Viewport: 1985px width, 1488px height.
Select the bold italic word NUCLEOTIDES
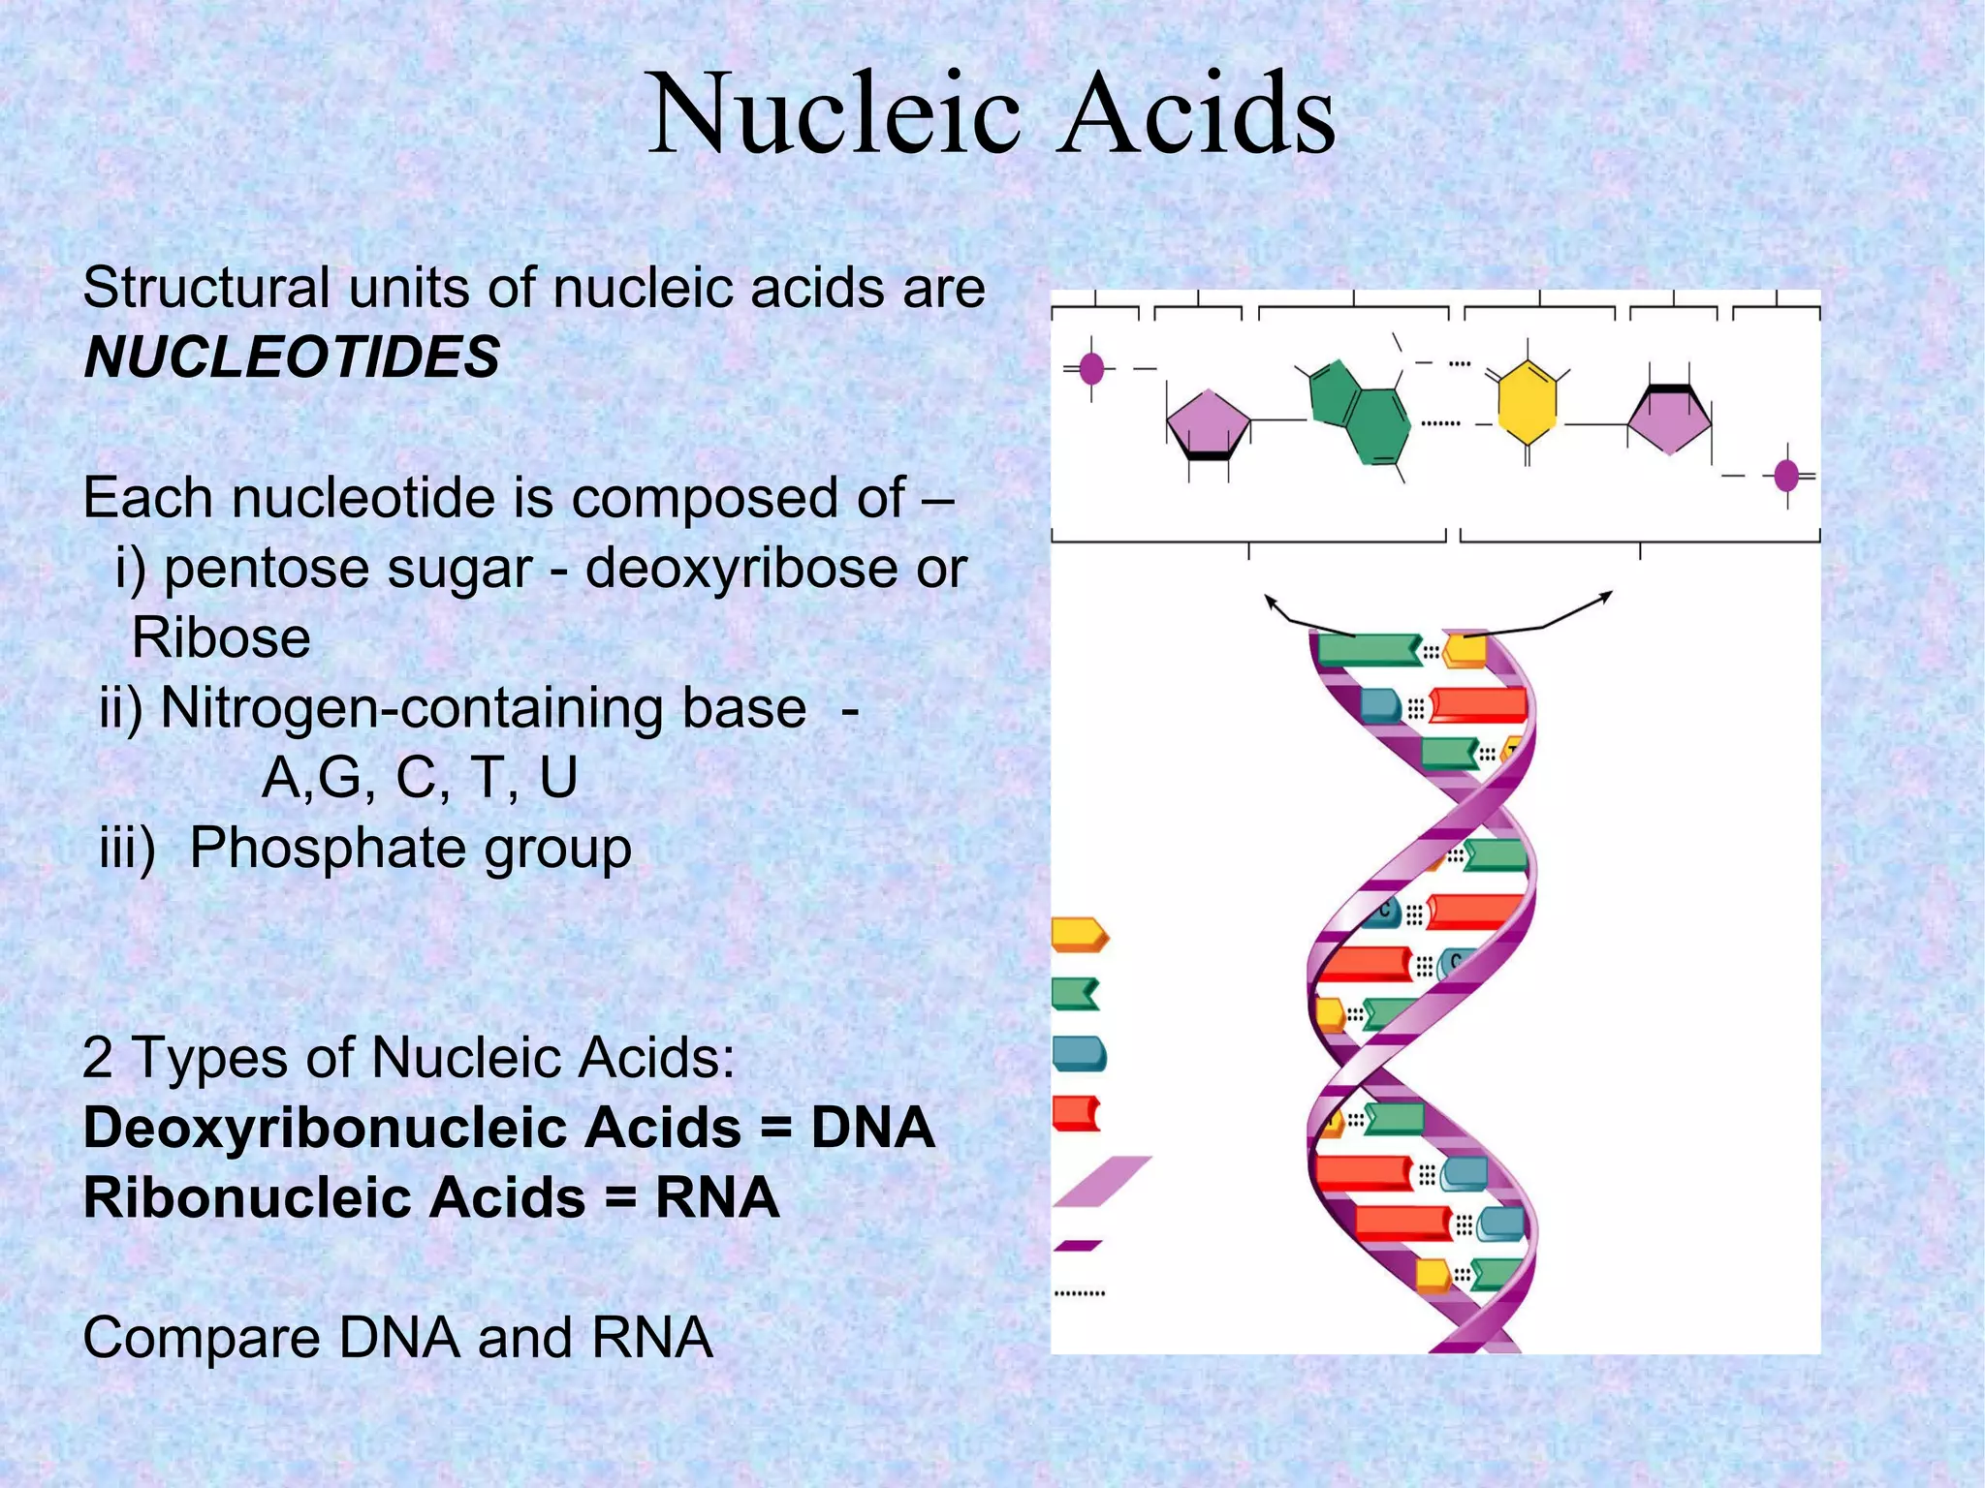[x=292, y=356]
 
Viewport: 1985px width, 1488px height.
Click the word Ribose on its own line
[x=221, y=638]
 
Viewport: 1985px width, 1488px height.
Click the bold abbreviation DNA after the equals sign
[x=872, y=1128]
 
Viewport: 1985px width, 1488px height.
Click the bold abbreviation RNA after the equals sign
[x=717, y=1197]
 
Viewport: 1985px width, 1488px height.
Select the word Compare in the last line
[x=201, y=1338]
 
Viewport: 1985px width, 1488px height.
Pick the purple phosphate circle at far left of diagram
[x=1091, y=368]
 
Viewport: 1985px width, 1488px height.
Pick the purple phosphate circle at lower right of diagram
[x=1786, y=476]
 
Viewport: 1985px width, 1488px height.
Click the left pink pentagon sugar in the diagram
[x=1208, y=423]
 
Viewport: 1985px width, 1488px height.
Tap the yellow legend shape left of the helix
[x=1079, y=934]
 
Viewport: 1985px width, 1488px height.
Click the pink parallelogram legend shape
[x=1102, y=1181]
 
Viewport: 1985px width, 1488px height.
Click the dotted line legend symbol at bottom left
[x=1079, y=1293]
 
